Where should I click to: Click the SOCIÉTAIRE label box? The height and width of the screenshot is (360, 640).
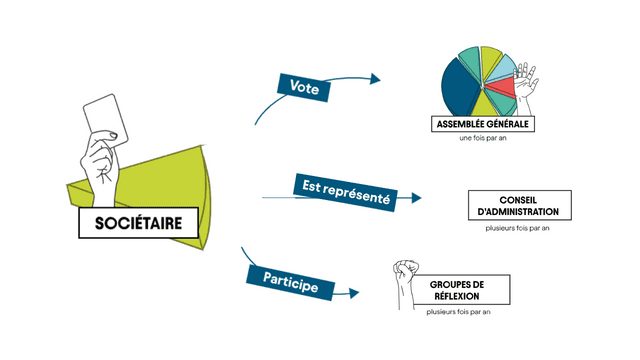point(138,223)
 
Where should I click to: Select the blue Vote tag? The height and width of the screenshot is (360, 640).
point(304,87)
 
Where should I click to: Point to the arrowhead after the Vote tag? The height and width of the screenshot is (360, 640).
point(375,78)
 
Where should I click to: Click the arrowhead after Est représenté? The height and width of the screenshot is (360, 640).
point(416,198)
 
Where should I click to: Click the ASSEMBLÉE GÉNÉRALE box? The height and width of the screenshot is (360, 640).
point(481,124)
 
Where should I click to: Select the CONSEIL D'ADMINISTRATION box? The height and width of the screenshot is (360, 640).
point(519,205)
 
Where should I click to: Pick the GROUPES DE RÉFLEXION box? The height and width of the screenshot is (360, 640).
point(456,291)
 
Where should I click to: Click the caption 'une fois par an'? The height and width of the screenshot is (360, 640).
point(480,140)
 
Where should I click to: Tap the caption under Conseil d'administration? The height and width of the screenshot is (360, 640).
point(519,228)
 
